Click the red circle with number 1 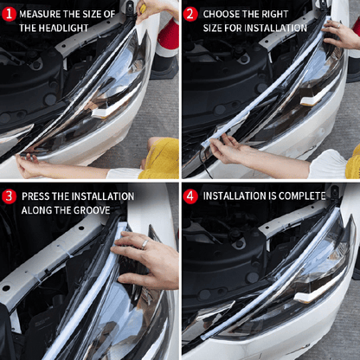pos(9,15)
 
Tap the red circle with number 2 pos(190,15)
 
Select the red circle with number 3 pos(9,196)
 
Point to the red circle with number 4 pos(190,196)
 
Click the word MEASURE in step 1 pos(40,15)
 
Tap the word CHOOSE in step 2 pos(220,15)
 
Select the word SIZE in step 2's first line pos(215,28)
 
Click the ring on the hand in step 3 pos(145,244)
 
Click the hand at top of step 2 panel pos(342,35)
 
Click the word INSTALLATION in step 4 pos(241,196)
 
